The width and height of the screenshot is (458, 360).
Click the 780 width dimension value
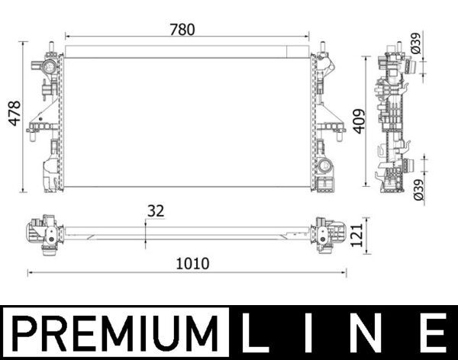click(x=182, y=30)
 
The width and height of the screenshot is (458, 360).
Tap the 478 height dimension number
click(x=15, y=114)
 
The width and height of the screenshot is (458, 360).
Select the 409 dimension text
click(x=359, y=121)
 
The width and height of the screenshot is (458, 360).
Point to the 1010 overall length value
click(x=192, y=264)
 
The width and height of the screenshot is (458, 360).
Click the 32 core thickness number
click(x=156, y=211)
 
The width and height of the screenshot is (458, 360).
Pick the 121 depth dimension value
click(x=356, y=236)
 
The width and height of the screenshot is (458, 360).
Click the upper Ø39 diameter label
click(x=415, y=43)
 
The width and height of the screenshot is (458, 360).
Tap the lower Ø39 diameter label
click(x=418, y=189)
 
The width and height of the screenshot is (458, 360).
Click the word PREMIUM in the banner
click(x=114, y=333)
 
